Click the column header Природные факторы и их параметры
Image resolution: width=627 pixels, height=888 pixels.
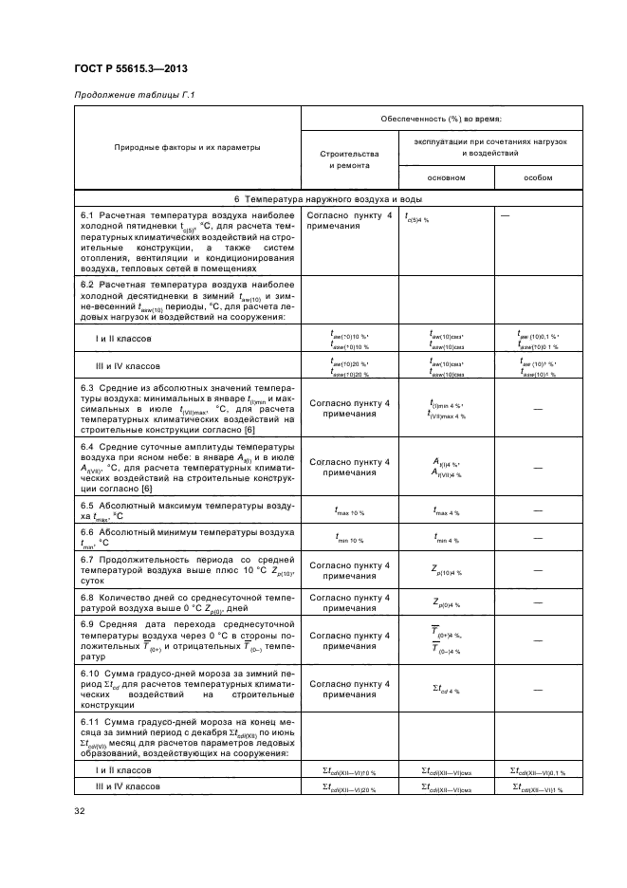tap(188, 148)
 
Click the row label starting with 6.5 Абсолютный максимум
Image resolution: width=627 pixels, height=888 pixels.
tap(188, 510)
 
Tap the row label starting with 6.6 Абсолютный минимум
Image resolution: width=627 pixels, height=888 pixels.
tap(188, 538)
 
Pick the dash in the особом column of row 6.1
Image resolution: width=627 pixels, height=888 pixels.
tap(518, 216)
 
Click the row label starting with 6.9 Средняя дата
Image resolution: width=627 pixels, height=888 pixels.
tap(188, 640)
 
